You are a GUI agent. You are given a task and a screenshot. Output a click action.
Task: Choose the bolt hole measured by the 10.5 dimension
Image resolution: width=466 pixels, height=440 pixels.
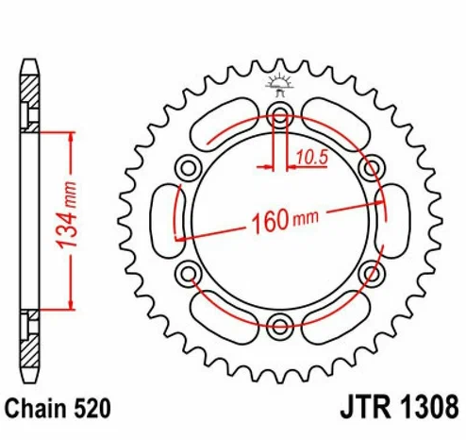tap(279, 118)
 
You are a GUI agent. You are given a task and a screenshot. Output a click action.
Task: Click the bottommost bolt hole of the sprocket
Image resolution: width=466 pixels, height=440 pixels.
tap(279, 327)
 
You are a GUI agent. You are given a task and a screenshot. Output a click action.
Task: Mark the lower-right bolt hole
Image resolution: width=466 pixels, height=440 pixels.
tap(369, 275)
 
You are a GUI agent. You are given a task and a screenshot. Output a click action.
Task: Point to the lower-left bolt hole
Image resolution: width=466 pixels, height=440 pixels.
tap(189, 275)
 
